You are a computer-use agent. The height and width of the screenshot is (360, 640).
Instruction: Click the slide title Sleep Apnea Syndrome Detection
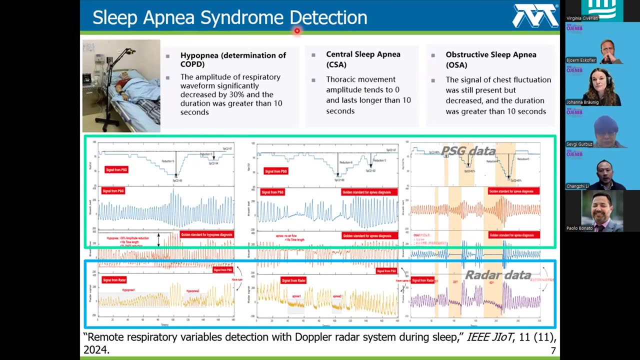click(x=229, y=17)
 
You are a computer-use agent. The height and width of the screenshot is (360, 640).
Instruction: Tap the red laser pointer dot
click(x=297, y=31)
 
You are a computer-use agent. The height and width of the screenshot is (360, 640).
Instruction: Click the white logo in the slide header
click(x=535, y=16)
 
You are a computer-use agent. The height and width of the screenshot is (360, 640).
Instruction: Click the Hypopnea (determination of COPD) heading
click(x=233, y=59)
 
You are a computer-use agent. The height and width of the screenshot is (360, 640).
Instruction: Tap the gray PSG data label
click(x=468, y=151)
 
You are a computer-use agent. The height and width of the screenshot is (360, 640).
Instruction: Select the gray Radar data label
click(x=498, y=274)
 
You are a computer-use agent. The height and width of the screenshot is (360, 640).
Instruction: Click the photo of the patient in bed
click(x=121, y=85)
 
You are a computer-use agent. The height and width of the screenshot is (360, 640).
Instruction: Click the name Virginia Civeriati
click(x=582, y=18)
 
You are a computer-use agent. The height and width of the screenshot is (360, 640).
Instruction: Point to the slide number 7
click(x=553, y=351)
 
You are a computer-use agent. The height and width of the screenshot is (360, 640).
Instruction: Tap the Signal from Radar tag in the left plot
click(x=114, y=279)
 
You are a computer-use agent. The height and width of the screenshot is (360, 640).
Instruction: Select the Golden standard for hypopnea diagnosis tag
click(x=206, y=234)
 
